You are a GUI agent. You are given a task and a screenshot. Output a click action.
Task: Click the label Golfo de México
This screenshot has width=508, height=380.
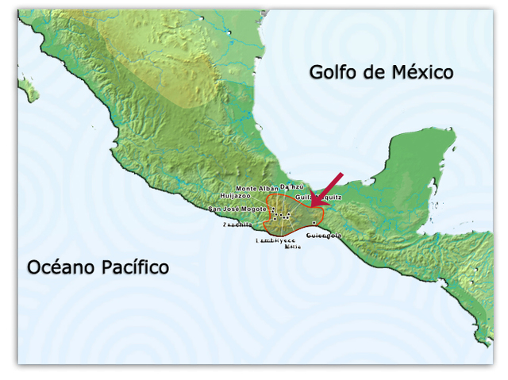pos(381,72)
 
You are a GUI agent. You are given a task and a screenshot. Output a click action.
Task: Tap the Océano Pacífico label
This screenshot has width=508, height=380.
pos(98,267)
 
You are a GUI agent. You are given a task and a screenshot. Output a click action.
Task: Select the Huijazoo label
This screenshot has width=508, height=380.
pos(236,195)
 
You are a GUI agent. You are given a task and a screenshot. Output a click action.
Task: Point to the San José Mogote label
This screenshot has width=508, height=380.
pos(237,209)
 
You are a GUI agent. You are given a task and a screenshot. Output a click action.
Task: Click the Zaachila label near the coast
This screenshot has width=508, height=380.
pos(237,225)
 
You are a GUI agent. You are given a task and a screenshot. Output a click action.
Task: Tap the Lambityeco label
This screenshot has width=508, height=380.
pos(275,239)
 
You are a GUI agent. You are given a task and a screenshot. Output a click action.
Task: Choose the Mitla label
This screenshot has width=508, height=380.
pos(293,246)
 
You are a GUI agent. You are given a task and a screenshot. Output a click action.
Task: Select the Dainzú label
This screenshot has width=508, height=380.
pos(293,186)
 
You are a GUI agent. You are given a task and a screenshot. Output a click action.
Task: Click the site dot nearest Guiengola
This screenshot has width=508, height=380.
pos(314,223)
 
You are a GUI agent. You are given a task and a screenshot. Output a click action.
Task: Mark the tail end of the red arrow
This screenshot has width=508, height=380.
pos(343,173)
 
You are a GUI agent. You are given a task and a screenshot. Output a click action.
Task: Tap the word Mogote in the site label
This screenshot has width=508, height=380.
pos(253,209)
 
